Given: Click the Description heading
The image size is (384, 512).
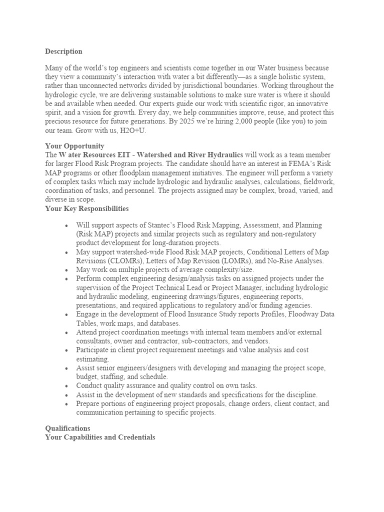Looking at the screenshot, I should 63,51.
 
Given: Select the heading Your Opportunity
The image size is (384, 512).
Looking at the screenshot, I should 74,146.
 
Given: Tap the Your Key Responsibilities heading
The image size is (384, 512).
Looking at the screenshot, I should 87,208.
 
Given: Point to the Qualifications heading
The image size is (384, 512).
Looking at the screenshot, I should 67,428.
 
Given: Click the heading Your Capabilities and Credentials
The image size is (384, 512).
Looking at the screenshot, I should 100,437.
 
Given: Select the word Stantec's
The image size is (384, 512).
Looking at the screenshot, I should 148,225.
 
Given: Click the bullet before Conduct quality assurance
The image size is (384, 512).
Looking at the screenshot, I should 66,385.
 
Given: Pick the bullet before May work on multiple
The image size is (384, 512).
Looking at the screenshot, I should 66,269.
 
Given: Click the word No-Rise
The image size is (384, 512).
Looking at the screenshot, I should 269,260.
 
